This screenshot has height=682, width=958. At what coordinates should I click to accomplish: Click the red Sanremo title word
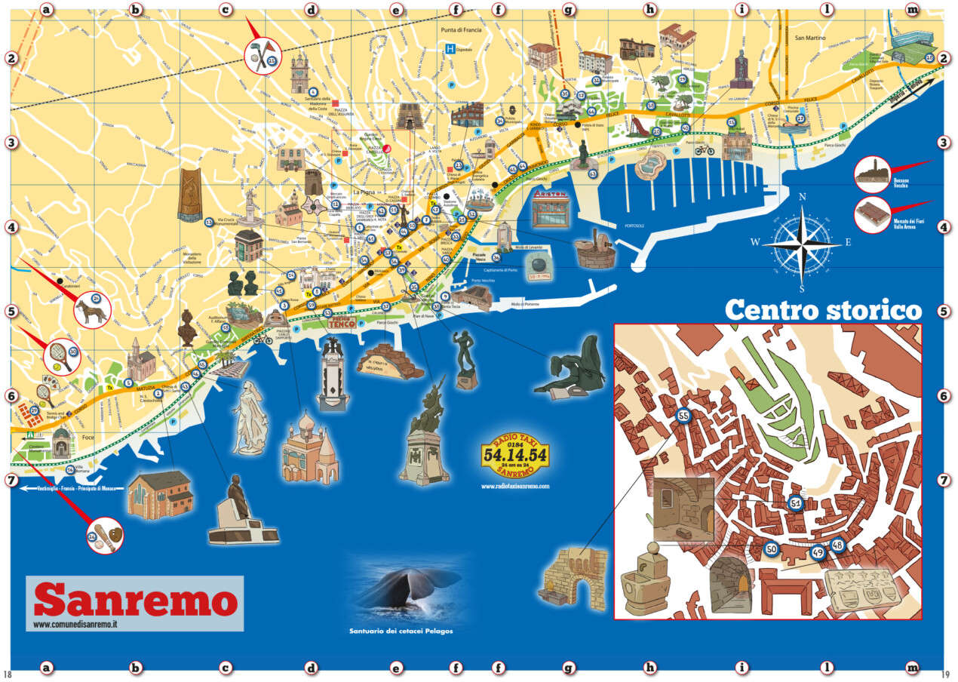point(135,601)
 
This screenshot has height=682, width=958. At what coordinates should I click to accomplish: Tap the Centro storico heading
point(823,311)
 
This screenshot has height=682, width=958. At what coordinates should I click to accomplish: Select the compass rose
point(803,243)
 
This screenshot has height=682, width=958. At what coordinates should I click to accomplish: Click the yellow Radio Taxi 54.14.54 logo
point(514,456)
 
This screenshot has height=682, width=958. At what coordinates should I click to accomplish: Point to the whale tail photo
point(404,592)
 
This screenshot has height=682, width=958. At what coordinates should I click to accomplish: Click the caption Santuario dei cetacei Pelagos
point(401,631)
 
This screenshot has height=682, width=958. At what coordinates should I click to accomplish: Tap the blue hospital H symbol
point(450,49)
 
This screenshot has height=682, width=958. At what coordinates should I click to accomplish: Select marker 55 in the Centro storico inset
point(683,416)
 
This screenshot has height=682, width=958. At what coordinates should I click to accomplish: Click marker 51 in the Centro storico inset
point(795,502)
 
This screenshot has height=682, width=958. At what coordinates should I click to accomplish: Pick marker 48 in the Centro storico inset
point(837,545)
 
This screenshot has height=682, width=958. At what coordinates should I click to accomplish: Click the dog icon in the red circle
point(92,309)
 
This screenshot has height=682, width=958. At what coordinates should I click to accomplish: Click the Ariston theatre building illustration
point(548,209)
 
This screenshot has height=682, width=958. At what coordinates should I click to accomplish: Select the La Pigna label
point(364,192)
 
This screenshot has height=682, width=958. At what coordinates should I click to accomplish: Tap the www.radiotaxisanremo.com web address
point(514,487)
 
